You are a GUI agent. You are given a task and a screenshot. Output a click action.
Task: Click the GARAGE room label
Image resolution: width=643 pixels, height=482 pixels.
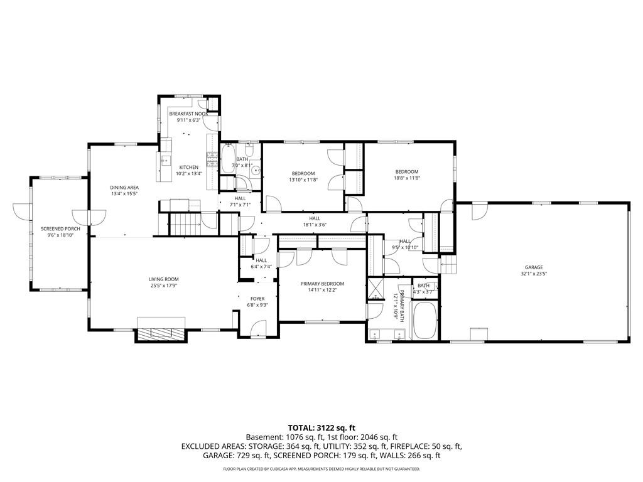[534, 267]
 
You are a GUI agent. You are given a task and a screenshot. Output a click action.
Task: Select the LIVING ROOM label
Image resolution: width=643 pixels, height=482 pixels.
[163, 279]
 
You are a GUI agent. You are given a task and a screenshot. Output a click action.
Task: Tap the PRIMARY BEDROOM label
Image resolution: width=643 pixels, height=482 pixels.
[322, 284]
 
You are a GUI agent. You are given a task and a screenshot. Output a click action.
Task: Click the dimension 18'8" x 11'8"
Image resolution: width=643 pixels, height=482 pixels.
[406, 178]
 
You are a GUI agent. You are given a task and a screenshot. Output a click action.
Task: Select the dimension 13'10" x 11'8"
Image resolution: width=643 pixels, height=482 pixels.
[303, 180]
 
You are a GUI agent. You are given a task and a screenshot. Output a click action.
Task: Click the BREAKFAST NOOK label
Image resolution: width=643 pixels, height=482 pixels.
[188, 114]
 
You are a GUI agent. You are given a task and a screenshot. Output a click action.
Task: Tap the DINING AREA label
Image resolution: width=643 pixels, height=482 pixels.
[124, 188]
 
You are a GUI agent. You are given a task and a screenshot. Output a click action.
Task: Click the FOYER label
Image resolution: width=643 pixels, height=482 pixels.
[257, 299]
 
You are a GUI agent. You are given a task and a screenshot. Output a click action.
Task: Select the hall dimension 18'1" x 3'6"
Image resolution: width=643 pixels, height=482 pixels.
[315, 225]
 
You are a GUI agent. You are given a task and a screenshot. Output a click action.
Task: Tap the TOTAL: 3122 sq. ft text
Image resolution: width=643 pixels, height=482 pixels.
[321, 427]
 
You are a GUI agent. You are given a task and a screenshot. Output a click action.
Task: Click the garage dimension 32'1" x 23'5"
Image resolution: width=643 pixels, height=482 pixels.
[534, 274]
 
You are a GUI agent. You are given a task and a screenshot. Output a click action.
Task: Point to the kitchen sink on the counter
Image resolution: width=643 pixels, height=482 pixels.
[165, 161]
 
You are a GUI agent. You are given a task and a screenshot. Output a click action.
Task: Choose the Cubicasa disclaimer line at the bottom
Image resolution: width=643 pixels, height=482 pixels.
[321, 469]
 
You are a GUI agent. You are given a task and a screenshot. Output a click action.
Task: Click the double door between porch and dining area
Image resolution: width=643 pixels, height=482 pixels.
[82, 217]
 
